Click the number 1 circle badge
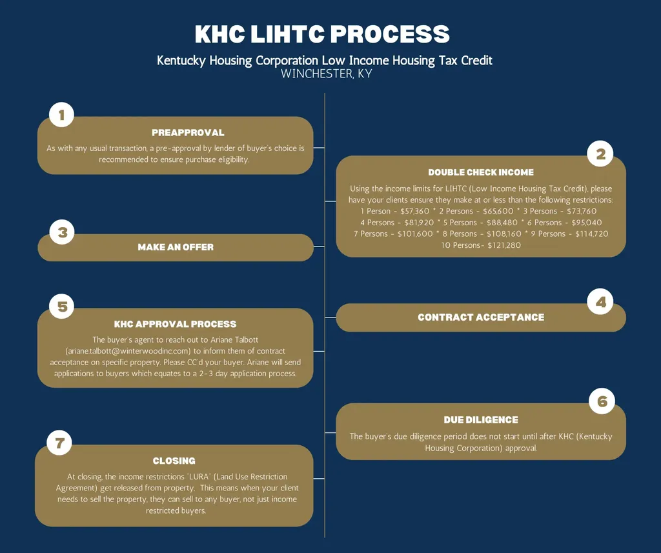point(61,115)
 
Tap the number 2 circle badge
point(600,154)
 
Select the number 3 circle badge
point(62,232)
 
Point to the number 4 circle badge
point(600,302)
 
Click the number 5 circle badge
point(62,307)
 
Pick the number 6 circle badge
point(602,401)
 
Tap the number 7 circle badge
point(59,443)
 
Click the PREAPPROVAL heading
point(188,133)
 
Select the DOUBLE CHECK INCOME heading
point(481,172)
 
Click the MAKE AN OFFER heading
point(176,247)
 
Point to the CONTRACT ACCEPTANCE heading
point(481,317)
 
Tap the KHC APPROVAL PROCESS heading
point(176,324)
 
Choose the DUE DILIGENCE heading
point(481,420)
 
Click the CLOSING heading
point(174,461)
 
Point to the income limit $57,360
point(415,211)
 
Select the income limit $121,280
point(504,245)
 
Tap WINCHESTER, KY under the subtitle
point(327,74)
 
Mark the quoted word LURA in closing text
point(199,477)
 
